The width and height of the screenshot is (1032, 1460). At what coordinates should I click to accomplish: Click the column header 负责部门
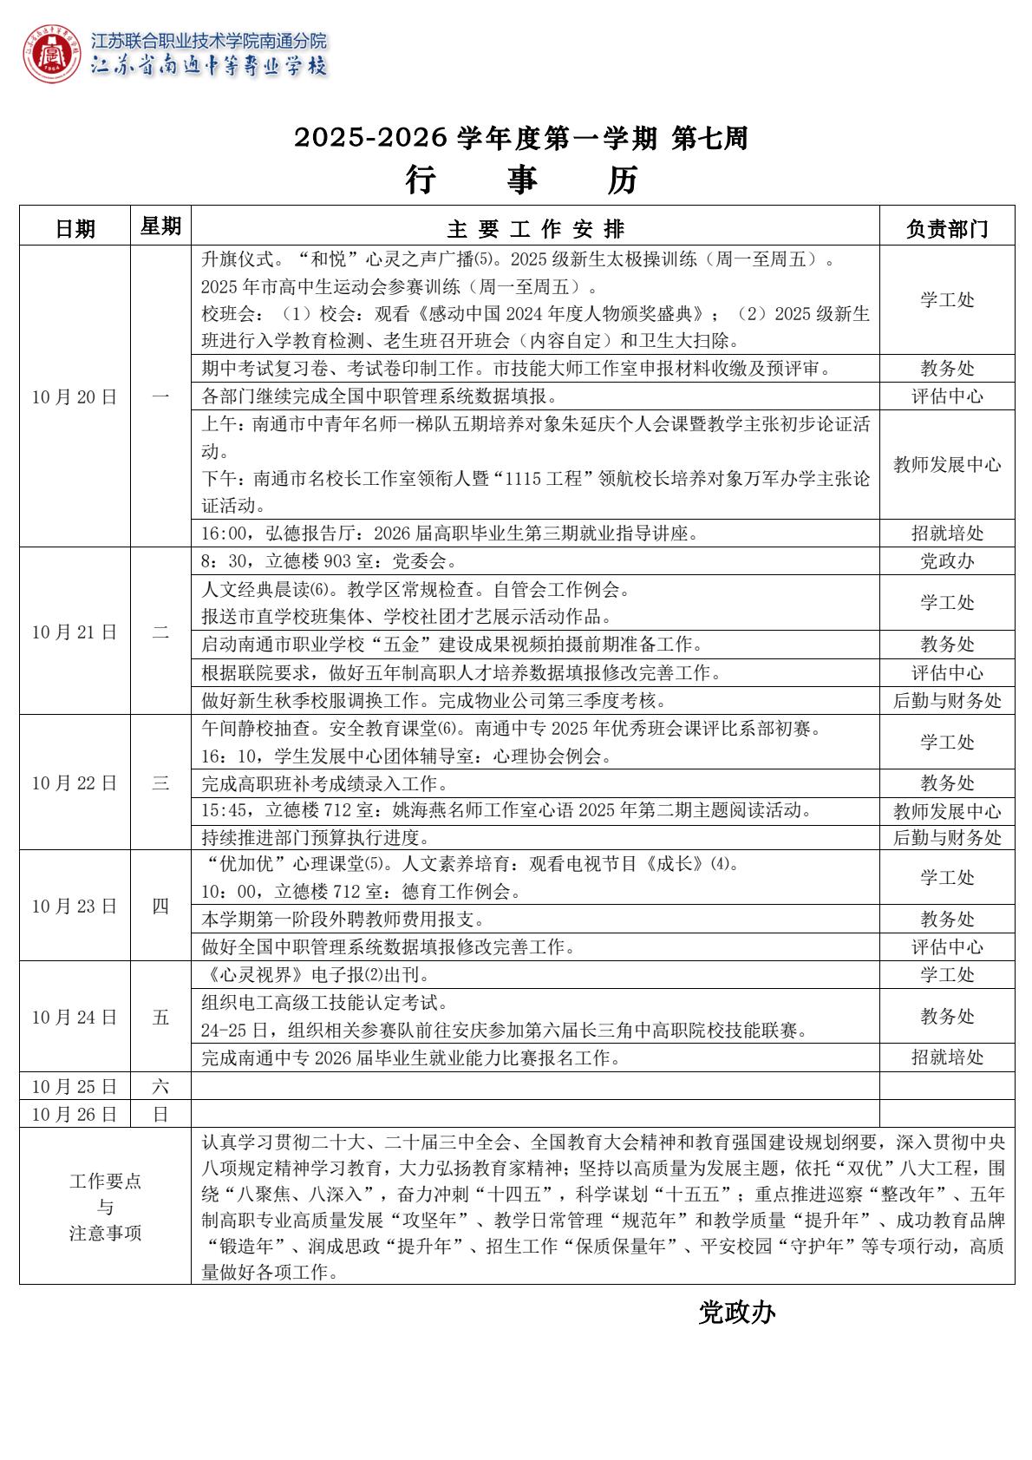click(947, 229)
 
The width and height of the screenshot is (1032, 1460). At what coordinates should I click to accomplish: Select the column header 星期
click(160, 226)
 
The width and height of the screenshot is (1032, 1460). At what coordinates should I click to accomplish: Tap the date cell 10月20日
click(75, 397)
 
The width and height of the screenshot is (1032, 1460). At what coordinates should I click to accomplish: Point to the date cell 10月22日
click(75, 782)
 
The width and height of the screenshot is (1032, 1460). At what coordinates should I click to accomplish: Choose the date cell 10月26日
click(75, 1114)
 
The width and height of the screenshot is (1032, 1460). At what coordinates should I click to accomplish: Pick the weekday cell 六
click(160, 1086)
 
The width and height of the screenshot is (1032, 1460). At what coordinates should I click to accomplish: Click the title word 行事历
click(521, 180)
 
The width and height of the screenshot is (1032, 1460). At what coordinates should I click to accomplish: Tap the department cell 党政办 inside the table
click(947, 561)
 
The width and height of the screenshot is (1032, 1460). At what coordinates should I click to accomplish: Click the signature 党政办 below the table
click(736, 1313)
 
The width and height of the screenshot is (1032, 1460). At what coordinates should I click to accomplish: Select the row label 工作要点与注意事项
click(105, 1207)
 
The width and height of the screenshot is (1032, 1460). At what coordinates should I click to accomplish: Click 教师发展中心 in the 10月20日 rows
click(947, 465)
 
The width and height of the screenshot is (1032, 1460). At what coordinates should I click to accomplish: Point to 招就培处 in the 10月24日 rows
click(947, 1057)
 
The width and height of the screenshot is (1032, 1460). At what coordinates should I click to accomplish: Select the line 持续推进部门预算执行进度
click(316, 838)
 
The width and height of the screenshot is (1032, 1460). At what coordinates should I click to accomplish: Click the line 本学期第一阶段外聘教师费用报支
click(343, 920)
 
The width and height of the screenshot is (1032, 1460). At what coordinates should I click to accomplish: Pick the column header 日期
click(75, 229)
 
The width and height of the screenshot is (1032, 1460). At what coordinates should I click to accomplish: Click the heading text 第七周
click(709, 138)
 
